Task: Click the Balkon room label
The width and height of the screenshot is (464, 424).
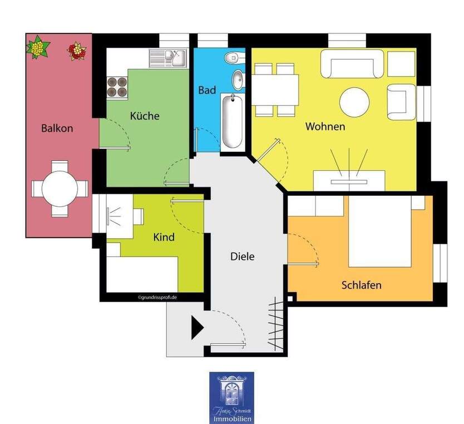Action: point(57,128)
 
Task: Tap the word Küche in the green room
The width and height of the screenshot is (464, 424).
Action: point(145,116)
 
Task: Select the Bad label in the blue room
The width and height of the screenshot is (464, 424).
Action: point(207,90)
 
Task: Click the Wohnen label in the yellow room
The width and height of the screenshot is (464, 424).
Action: point(325,126)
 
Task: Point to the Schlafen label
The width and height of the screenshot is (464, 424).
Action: point(361,285)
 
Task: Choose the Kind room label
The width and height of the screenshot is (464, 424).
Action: point(164,237)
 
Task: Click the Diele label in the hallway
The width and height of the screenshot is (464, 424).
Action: point(242,257)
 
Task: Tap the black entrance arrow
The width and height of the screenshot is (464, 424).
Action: point(198,327)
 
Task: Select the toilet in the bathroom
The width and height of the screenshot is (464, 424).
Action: point(233,57)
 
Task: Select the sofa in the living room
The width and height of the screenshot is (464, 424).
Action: point(355,64)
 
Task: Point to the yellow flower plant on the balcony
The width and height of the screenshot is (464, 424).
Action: point(38,47)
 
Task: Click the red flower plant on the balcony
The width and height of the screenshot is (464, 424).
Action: point(77,52)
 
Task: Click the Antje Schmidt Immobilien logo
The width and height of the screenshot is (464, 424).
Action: point(231,397)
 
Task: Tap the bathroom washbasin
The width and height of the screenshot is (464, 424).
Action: point(238,80)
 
